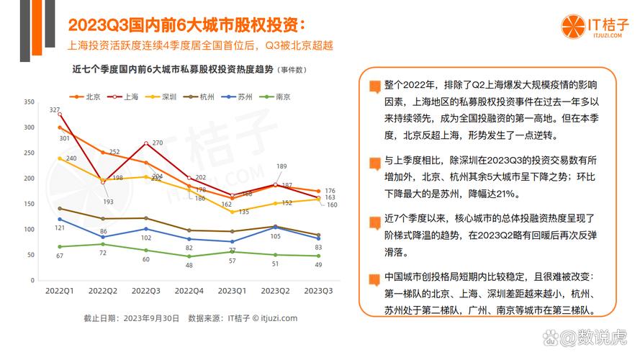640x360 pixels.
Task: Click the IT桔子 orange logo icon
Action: (572, 27)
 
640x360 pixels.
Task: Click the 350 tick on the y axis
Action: (30, 102)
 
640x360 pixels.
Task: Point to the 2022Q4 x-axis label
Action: (189, 291)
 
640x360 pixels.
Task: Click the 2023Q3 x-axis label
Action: (318, 291)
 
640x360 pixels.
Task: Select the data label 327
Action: (55, 110)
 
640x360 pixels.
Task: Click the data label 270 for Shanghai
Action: (158, 143)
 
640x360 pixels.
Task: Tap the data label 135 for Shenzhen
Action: (243, 212)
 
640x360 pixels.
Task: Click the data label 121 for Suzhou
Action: (61, 228)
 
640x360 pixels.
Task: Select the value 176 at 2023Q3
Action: (330, 191)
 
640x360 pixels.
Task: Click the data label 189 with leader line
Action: (282, 166)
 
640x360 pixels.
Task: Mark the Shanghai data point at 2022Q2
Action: (102, 181)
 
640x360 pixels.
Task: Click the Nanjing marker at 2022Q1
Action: (60, 246)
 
